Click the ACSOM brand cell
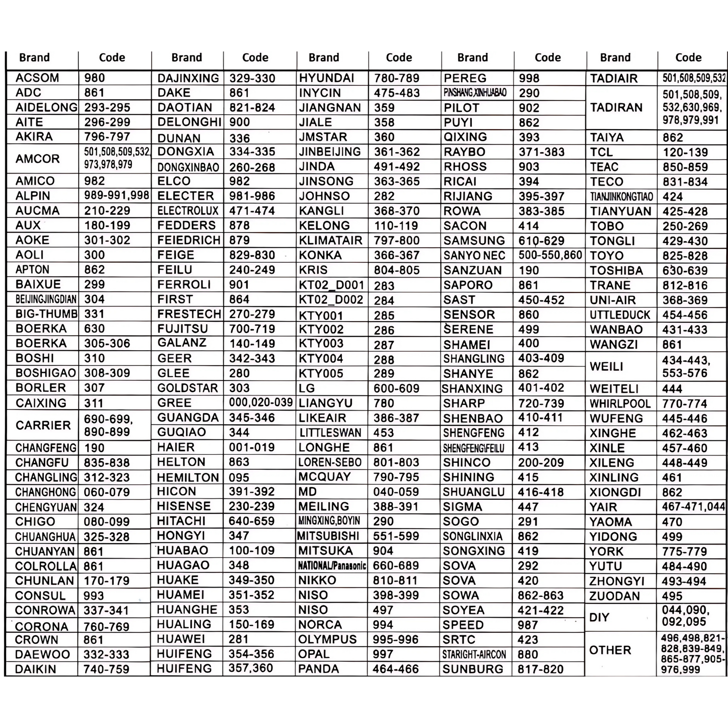click(37, 78)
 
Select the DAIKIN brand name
click(36, 669)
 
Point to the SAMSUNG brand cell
click(474, 241)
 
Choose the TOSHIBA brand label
click(617, 270)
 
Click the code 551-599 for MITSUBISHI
click(396, 536)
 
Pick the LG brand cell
click(307, 388)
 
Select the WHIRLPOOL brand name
click(620, 404)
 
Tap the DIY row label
click(599, 617)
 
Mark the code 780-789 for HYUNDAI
click(397, 78)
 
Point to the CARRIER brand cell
click(43, 425)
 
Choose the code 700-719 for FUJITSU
click(252, 329)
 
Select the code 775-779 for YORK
click(684, 551)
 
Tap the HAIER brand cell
click(175, 447)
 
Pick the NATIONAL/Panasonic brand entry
click(331, 566)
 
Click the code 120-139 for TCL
click(685, 152)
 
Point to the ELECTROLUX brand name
click(188, 211)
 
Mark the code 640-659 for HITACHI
click(251, 521)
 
